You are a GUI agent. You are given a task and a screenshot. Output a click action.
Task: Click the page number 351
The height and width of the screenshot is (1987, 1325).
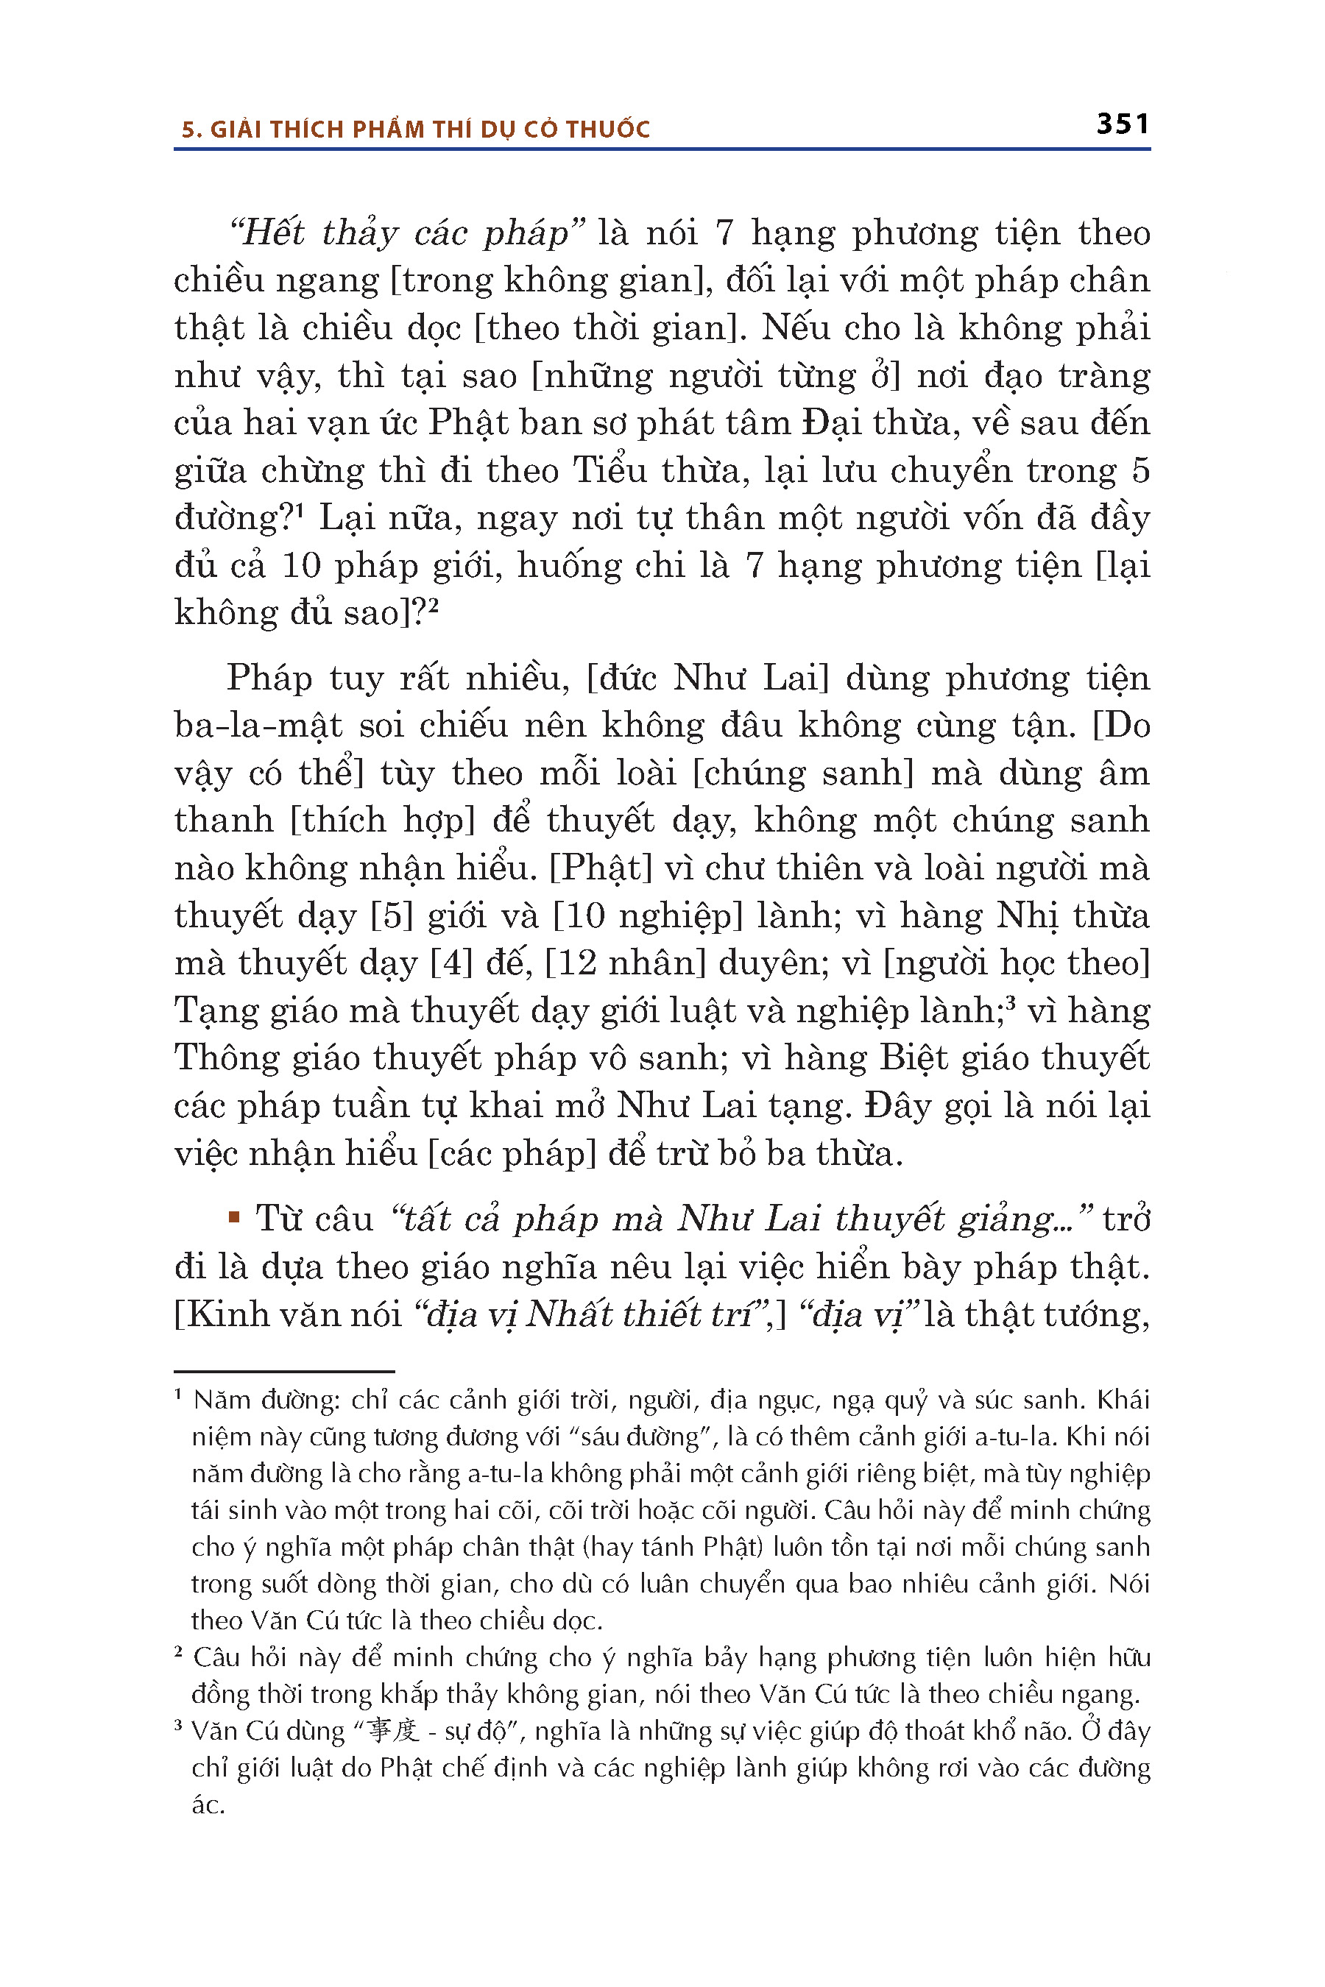point(1122,124)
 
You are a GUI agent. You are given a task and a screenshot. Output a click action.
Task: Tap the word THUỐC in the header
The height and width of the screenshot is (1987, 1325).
point(609,130)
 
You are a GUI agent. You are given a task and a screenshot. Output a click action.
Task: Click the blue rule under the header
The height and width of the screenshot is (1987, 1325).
point(662,149)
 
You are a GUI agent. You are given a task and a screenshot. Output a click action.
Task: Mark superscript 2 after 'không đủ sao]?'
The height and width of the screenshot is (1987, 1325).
point(434,605)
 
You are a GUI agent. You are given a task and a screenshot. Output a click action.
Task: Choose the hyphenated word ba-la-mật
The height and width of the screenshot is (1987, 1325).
point(258,726)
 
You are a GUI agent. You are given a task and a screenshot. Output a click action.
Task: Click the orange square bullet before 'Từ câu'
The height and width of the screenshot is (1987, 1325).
point(234,1218)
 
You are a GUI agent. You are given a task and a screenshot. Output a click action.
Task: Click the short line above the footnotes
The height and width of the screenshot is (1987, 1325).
point(284,1371)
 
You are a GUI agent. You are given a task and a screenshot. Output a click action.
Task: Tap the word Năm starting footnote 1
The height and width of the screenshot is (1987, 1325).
point(222,1400)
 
